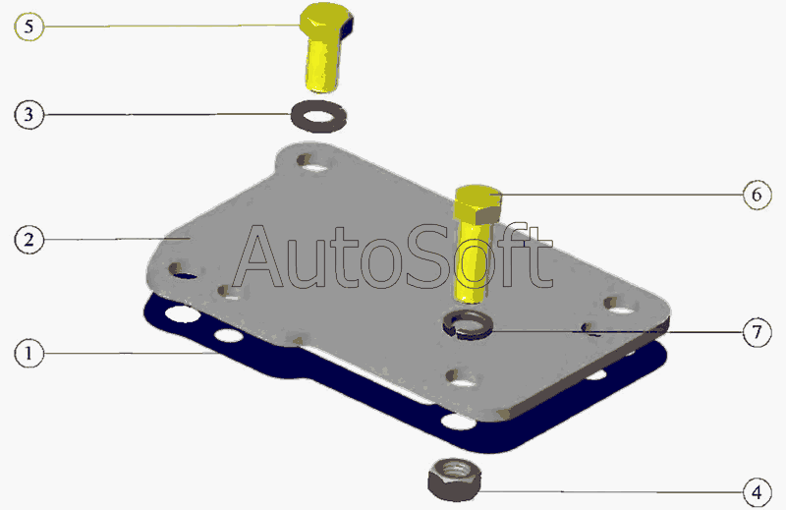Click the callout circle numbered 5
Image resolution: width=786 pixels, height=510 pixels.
[29, 27]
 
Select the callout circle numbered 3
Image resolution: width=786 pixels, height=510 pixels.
[29, 114]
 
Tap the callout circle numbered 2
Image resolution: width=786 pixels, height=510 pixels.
[29, 240]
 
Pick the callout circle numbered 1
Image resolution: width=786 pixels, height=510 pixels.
[29, 353]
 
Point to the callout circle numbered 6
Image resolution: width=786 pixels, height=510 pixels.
[757, 195]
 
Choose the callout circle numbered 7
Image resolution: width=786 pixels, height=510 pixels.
[757, 332]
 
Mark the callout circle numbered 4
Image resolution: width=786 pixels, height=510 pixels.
[757, 492]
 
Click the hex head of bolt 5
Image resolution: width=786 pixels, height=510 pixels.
[327, 21]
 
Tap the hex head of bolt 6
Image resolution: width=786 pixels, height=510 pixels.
[477, 204]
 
